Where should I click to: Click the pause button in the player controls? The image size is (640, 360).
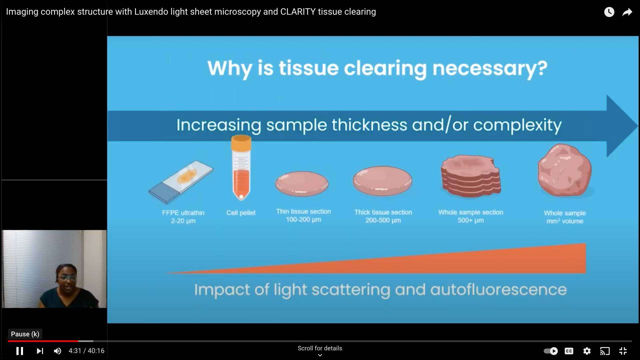[20, 351]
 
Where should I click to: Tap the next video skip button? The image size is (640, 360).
[40, 351]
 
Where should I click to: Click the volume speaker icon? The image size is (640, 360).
[58, 351]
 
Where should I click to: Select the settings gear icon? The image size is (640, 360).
[587, 351]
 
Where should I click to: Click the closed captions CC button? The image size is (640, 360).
[569, 351]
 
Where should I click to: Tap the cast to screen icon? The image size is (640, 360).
[605, 351]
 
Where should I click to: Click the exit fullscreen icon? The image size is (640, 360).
[623, 351]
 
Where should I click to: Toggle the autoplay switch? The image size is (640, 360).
[551, 351]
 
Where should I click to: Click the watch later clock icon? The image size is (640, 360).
[609, 12]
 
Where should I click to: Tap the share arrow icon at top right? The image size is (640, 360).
[627, 12]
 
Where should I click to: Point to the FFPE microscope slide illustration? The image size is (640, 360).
[181, 182]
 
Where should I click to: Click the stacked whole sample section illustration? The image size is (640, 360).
[471, 176]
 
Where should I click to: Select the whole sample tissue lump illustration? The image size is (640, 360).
[565, 170]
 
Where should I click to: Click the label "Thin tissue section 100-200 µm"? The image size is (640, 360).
[303, 216]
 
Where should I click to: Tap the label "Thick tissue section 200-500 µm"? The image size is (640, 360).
[383, 216]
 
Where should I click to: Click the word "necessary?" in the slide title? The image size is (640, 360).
[490, 68]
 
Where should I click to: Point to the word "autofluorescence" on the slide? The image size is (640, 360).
[498, 289]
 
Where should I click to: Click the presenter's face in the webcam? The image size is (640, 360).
[67, 277]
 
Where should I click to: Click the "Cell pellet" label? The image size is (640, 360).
[241, 213]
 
